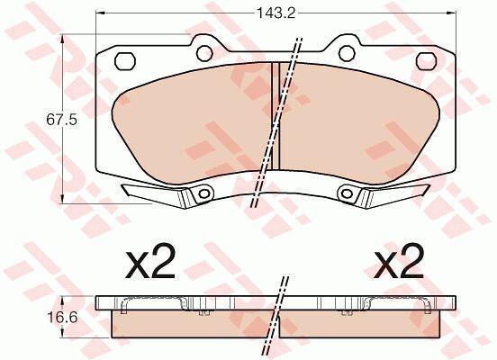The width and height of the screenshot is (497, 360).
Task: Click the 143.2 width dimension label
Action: click(x=276, y=13)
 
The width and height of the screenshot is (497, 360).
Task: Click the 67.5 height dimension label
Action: click(x=61, y=120)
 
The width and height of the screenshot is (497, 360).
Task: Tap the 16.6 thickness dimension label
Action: click(x=62, y=318)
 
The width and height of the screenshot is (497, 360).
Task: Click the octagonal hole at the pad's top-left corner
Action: click(x=125, y=61)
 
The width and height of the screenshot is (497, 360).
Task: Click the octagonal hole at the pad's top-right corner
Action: click(x=426, y=61)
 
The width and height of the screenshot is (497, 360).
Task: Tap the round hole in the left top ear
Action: click(x=204, y=53)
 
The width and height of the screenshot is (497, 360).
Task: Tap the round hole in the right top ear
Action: click(x=347, y=53)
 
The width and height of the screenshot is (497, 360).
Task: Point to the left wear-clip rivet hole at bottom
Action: click(x=203, y=193)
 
